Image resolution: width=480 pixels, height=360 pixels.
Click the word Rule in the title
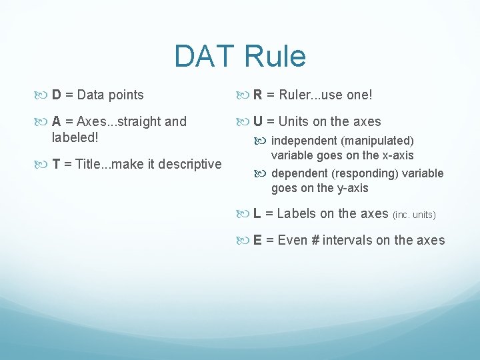coord(275,57)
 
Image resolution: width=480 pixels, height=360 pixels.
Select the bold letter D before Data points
coord(56,95)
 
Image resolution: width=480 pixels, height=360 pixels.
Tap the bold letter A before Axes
coord(57,121)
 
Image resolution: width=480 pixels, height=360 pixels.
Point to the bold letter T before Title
coord(56,164)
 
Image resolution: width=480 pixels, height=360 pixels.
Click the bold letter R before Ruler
coord(258,95)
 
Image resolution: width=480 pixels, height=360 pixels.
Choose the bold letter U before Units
coord(258,121)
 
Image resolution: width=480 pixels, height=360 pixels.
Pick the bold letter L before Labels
coord(257,213)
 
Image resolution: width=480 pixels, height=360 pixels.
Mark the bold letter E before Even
coord(257,240)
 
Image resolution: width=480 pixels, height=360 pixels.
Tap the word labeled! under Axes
coord(75,138)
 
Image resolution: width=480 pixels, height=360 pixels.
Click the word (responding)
coord(356,173)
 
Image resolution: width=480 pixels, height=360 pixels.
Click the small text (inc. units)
coord(414,215)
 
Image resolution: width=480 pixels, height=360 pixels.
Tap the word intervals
coord(348,240)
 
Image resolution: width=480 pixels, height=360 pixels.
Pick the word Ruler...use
coord(309,95)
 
